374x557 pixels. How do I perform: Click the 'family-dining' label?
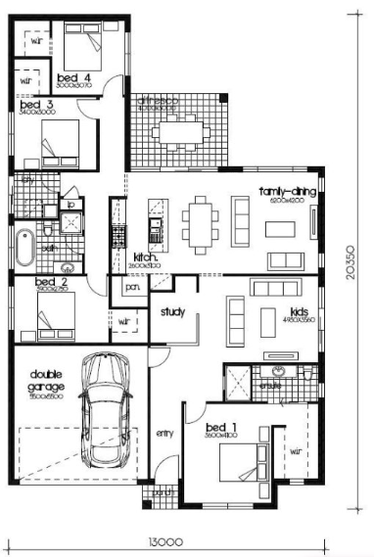click(287, 192)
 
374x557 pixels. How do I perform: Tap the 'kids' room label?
click(272, 310)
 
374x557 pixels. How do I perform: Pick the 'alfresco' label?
click(156, 100)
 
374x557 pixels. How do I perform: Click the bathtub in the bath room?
click(23, 247)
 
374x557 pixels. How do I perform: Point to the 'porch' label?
click(163, 492)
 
